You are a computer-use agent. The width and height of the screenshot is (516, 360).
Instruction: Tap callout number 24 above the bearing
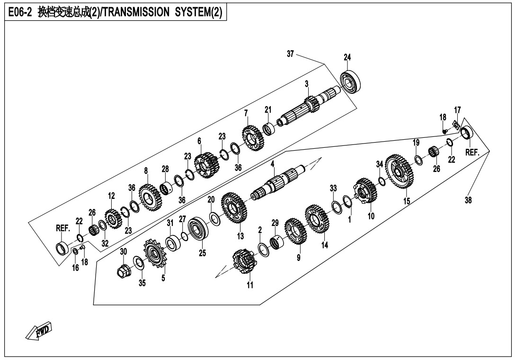(347, 57)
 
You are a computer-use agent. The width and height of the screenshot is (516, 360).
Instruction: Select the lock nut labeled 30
(124, 271)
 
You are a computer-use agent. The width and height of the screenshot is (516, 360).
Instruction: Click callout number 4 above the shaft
(273, 164)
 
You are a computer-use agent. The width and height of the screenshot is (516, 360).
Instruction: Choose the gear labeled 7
(251, 137)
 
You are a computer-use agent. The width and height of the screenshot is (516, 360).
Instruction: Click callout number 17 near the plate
(457, 110)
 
